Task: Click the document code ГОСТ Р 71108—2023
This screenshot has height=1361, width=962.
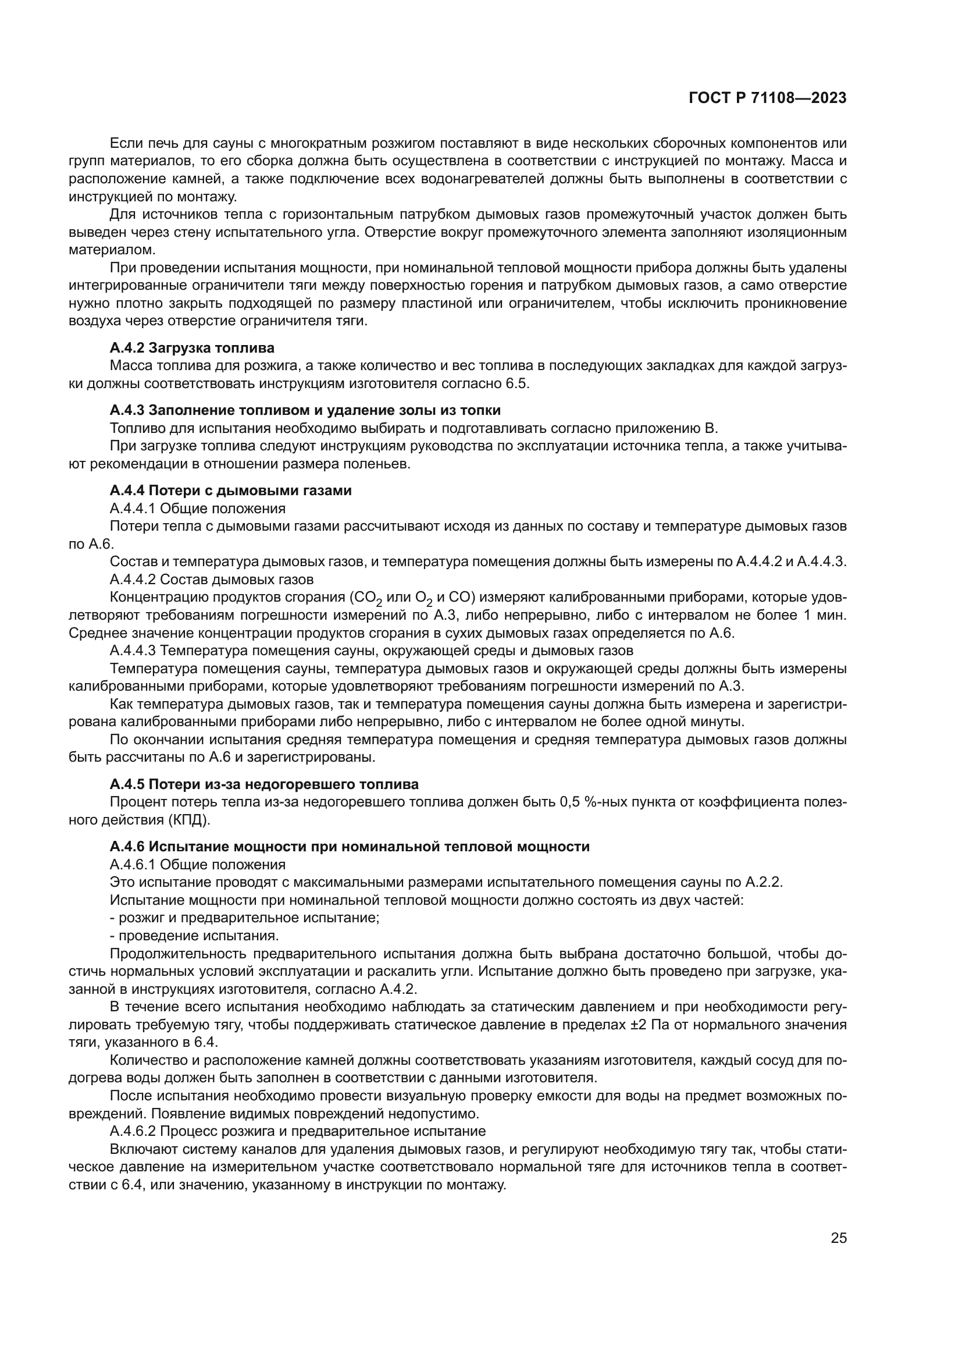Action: click(x=768, y=98)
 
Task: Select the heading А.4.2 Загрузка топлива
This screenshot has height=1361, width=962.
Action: click(x=192, y=348)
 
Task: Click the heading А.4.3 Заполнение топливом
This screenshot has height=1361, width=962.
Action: click(x=305, y=410)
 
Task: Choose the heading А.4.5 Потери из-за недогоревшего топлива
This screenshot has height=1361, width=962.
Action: click(x=264, y=784)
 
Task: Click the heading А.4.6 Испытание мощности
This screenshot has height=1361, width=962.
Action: click(x=350, y=847)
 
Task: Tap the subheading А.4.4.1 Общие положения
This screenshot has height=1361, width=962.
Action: click(x=197, y=508)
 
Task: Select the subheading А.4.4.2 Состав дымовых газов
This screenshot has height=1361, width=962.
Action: click(x=212, y=579)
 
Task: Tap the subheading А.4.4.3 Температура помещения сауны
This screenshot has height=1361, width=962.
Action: click(x=372, y=651)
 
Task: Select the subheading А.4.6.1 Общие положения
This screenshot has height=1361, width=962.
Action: click(x=197, y=864)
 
